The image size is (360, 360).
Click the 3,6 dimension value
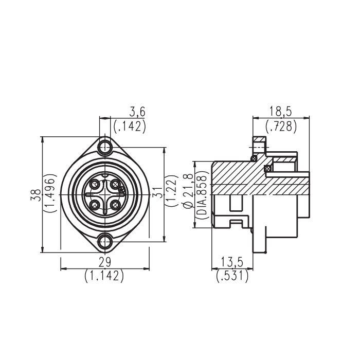pyautogui.click(x=137, y=112)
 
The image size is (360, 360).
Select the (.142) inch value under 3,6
pyautogui.click(x=130, y=126)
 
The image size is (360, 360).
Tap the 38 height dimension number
pyautogui.click(x=35, y=195)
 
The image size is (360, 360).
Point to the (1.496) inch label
pyautogui.click(x=50, y=193)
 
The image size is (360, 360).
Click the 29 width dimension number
pyautogui.click(x=105, y=262)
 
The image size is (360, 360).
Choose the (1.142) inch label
pyautogui.click(x=104, y=276)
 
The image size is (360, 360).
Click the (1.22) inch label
pyautogui.click(x=172, y=191)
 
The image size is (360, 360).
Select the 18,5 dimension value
pyautogui.click(x=280, y=112)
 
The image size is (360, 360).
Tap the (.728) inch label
pyautogui.click(x=281, y=126)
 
